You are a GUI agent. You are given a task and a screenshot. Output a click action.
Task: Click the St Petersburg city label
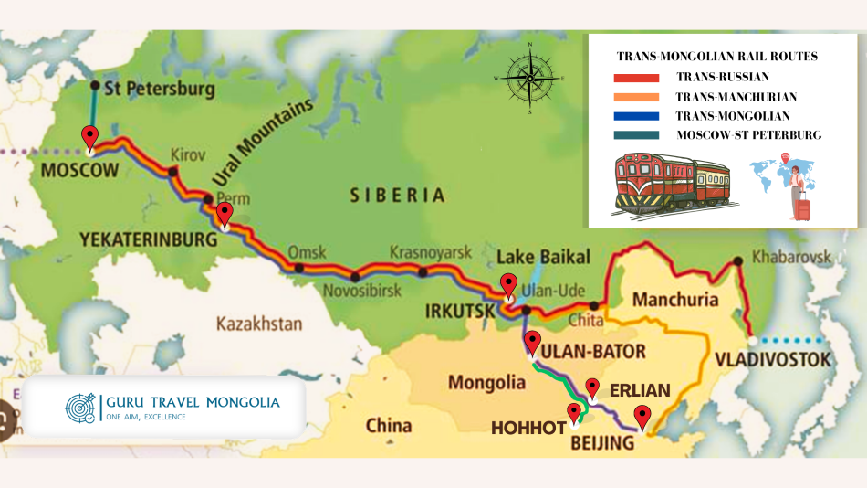pyautogui.click(x=160, y=90)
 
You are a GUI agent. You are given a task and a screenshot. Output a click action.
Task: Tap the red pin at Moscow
pyautogui.click(x=89, y=137)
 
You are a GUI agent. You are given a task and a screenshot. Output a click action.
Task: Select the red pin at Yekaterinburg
pyautogui.click(x=224, y=214)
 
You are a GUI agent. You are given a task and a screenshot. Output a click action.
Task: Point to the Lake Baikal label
pyautogui.click(x=543, y=256)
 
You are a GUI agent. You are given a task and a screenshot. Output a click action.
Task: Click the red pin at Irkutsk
pyautogui.click(x=508, y=284)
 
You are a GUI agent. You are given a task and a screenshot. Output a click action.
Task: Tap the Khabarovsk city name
pyautogui.click(x=790, y=257)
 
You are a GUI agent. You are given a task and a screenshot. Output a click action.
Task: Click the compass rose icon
pyautogui.click(x=529, y=78)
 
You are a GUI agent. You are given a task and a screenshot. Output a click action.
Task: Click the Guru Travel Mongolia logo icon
pyautogui.click(x=80, y=408)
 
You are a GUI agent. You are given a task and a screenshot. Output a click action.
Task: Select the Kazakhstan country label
pyautogui.click(x=259, y=324)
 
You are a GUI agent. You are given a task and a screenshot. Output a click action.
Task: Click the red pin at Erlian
pyautogui.click(x=591, y=388)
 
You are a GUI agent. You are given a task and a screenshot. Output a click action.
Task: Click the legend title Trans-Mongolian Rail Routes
pyautogui.click(x=717, y=56)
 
